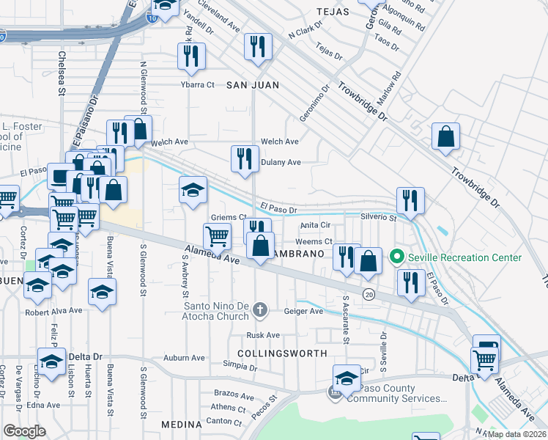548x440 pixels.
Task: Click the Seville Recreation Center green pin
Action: [x=397, y=257]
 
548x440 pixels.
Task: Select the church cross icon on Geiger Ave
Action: [x=259, y=311]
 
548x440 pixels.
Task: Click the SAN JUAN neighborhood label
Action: [x=252, y=85]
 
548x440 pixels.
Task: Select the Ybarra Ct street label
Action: [x=198, y=84]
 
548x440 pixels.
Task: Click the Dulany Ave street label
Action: [x=281, y=162]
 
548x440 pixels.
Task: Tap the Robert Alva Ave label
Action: [x=53, y=310]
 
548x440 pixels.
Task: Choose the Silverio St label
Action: [x=379, y=217]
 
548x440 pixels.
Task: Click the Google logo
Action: [x=24, y=431]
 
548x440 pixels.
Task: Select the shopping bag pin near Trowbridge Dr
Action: [x=445, y=136]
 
